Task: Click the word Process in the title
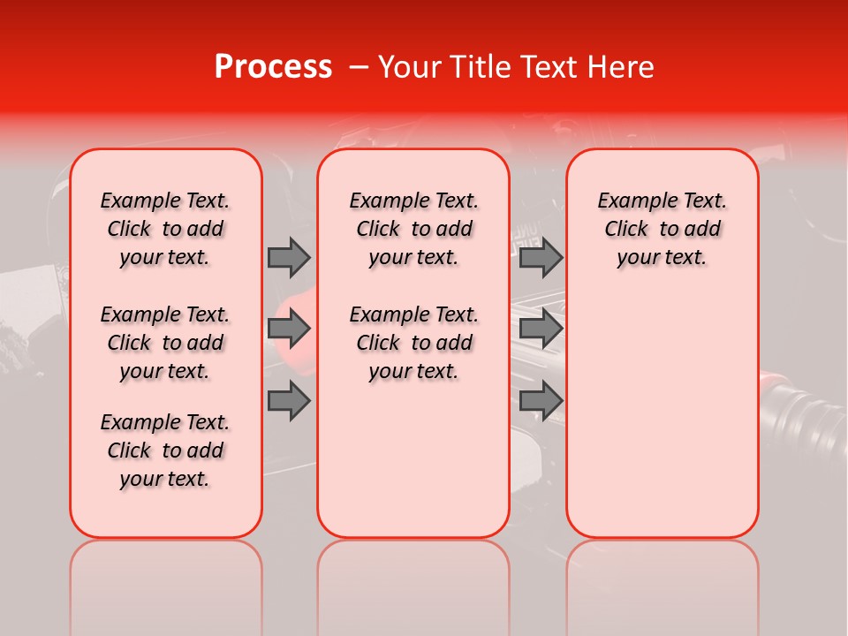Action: (273, 67)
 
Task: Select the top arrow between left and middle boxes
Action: (289, 257)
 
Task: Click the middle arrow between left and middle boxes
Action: (289, 329)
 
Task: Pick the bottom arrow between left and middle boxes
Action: (289, 401)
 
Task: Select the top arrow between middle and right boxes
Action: (541, 257)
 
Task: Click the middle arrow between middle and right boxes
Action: (541, 329)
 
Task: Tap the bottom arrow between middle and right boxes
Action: (541, 401)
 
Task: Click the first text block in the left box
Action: (165, 229)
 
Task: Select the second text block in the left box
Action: (165, 343)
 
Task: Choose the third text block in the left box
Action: (165, 450)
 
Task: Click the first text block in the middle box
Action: (413, 229)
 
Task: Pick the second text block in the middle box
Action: (413, 343)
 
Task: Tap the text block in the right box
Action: (662, 229)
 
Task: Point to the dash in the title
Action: (358, 67)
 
